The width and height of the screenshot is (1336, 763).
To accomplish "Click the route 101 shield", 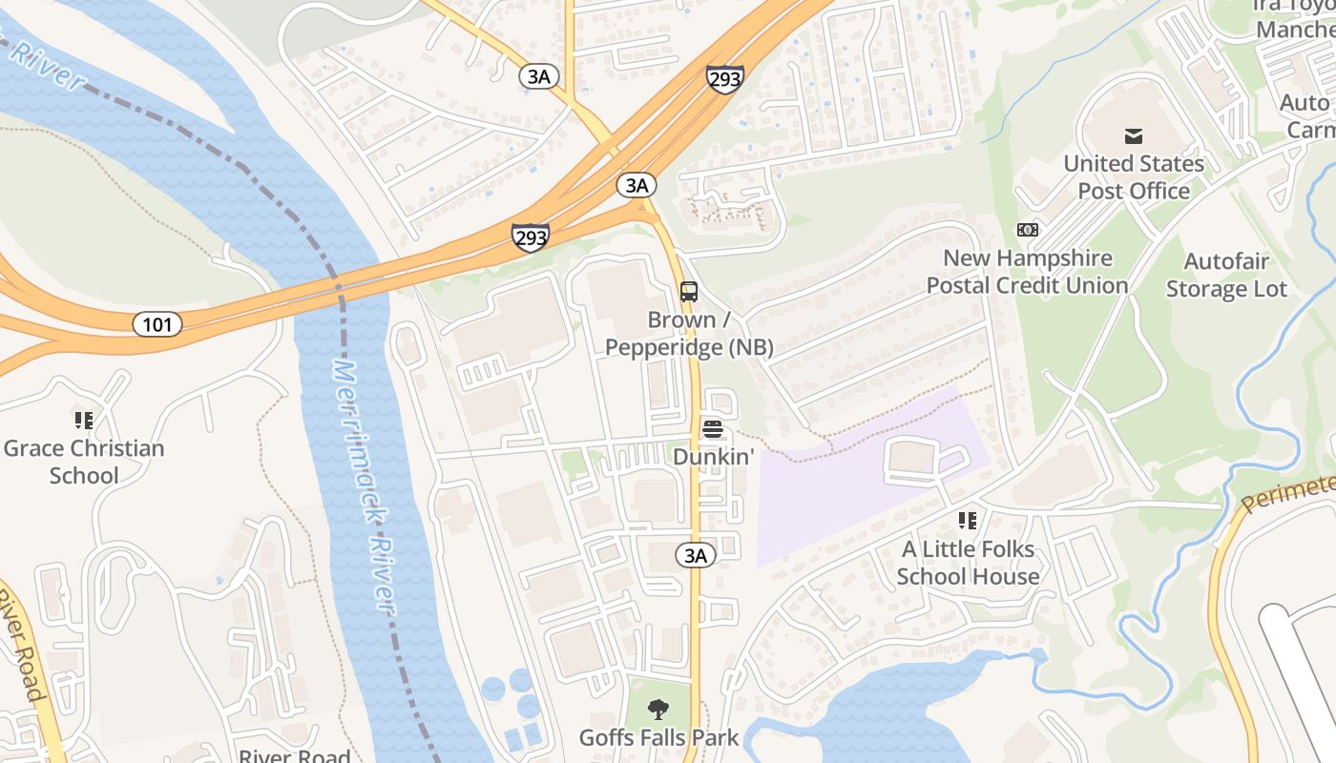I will pyautogui.click(x=157, y=324).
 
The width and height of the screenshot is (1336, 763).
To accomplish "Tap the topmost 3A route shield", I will pyautogui.click(x=539, y=76).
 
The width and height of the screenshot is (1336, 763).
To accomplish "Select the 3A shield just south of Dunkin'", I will pyautogui.click(x=696, y=555).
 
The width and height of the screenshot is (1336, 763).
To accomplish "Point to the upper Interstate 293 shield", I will pyautogui.click(x=725, y=79).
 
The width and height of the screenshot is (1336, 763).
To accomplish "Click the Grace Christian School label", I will pyautogui.click(x=84, y=462).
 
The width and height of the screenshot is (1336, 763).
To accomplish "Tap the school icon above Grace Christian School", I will pyautogui.click(x=84, y=420).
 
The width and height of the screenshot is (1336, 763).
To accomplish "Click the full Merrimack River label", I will pyautogui.click(x=364, y=486).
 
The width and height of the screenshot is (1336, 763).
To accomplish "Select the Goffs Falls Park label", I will pyautogui.click(x=658, y=737).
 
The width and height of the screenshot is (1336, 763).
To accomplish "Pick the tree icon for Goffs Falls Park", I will pyautogui.click(x=658, y=709).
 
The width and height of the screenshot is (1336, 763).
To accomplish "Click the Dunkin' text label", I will pyautogui.click(x=713, y=457).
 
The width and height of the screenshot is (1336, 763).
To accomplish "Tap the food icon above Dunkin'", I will pyautogui.click(x=712, y=428).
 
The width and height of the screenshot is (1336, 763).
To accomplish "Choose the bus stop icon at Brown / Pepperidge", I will pyautogui.click(x=689, y=291).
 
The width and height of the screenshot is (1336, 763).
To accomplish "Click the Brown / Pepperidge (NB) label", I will pyautogui.click(x=689, y=334).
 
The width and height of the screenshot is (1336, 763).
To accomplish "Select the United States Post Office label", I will pyautogui.click(x=1134, y=176).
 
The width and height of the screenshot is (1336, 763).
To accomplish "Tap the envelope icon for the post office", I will pyautogui.click(x=1134, y=135).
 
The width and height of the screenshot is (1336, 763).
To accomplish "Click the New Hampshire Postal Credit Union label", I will pyautogui.click(x=1028, y=272).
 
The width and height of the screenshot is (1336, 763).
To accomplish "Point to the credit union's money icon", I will pyautogui.click(x=1028, y=230).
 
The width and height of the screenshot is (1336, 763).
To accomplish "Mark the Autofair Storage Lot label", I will pyautogui.click(x=1226, y=275).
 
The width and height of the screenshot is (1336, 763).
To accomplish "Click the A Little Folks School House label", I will pyautogui.click(x=968, y=563).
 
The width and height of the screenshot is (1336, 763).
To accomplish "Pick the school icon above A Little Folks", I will pyautogui.click(x=968, y=521).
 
